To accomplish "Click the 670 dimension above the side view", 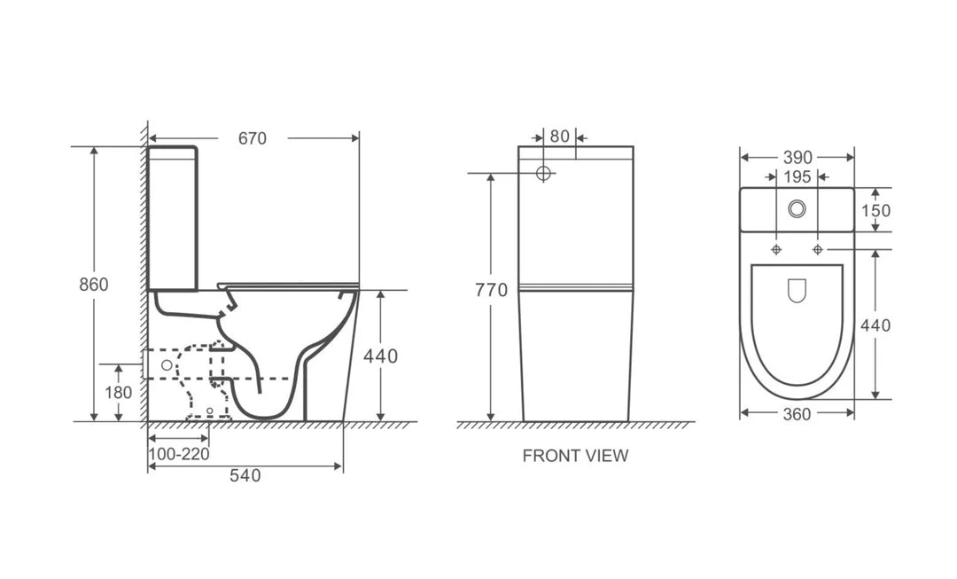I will (x=253, y=138).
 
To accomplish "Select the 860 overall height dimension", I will (x=93, y=285).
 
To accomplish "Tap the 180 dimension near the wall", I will (x=118, y=392).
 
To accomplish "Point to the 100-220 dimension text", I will (x=178, y=454).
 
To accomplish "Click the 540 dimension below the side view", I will (x=245, y=475).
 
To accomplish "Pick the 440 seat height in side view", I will (x=380, y=356).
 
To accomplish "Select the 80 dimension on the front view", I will (x=558, y=137).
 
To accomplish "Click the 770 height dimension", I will (x=491, y=290).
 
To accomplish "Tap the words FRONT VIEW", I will (x=575, y=456).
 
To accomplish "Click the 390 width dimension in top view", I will (x=797, y=157).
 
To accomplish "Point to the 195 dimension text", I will (x=797, y=177).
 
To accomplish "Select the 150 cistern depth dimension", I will (x=875, y=210).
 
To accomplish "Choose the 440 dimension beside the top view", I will (x=875, y=325).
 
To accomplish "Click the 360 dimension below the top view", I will (x=797, y=414).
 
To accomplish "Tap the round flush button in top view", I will (x=797, y=209).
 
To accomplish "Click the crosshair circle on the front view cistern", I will (x=545, y=172).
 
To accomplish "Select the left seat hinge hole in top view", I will (x=777, y=249).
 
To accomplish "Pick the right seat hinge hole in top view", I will (x=817, y=249).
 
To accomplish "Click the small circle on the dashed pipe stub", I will (x=166, y=364).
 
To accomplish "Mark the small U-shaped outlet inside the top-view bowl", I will (x=797, y=291).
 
